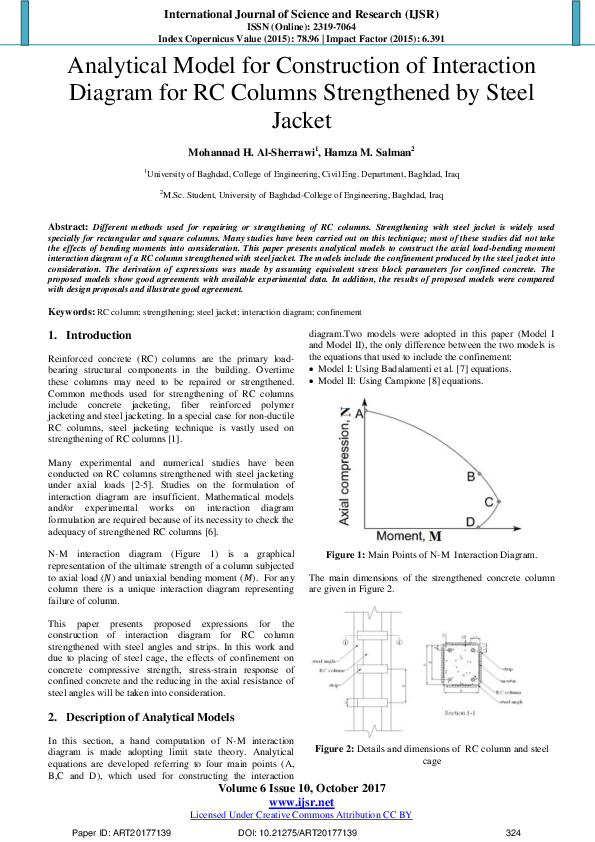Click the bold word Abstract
pyautogui.click(x=68, y=229)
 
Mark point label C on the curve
pyautogui.click(x=516, y=501)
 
